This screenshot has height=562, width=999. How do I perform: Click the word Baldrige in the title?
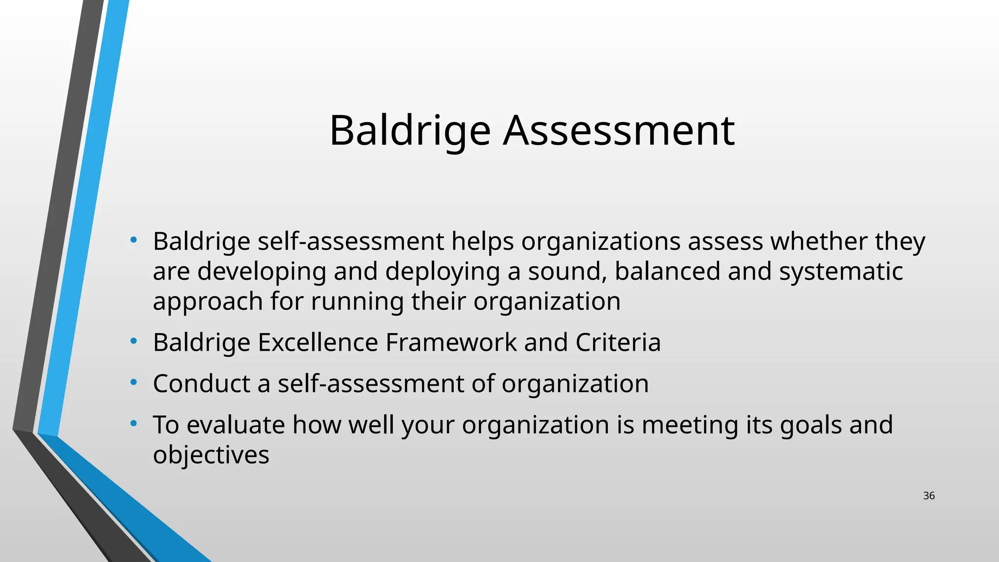tap(410, 131)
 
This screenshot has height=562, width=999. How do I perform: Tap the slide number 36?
tap(929, 496)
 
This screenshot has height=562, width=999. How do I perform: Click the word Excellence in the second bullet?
tap(318, 342)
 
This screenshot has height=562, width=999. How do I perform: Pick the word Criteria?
tap(618, 342)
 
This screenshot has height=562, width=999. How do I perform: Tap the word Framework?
tap(451, 342)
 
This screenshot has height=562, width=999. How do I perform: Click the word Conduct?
tap(201, 383)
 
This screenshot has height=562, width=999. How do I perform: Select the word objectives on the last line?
tap(211, 455)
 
